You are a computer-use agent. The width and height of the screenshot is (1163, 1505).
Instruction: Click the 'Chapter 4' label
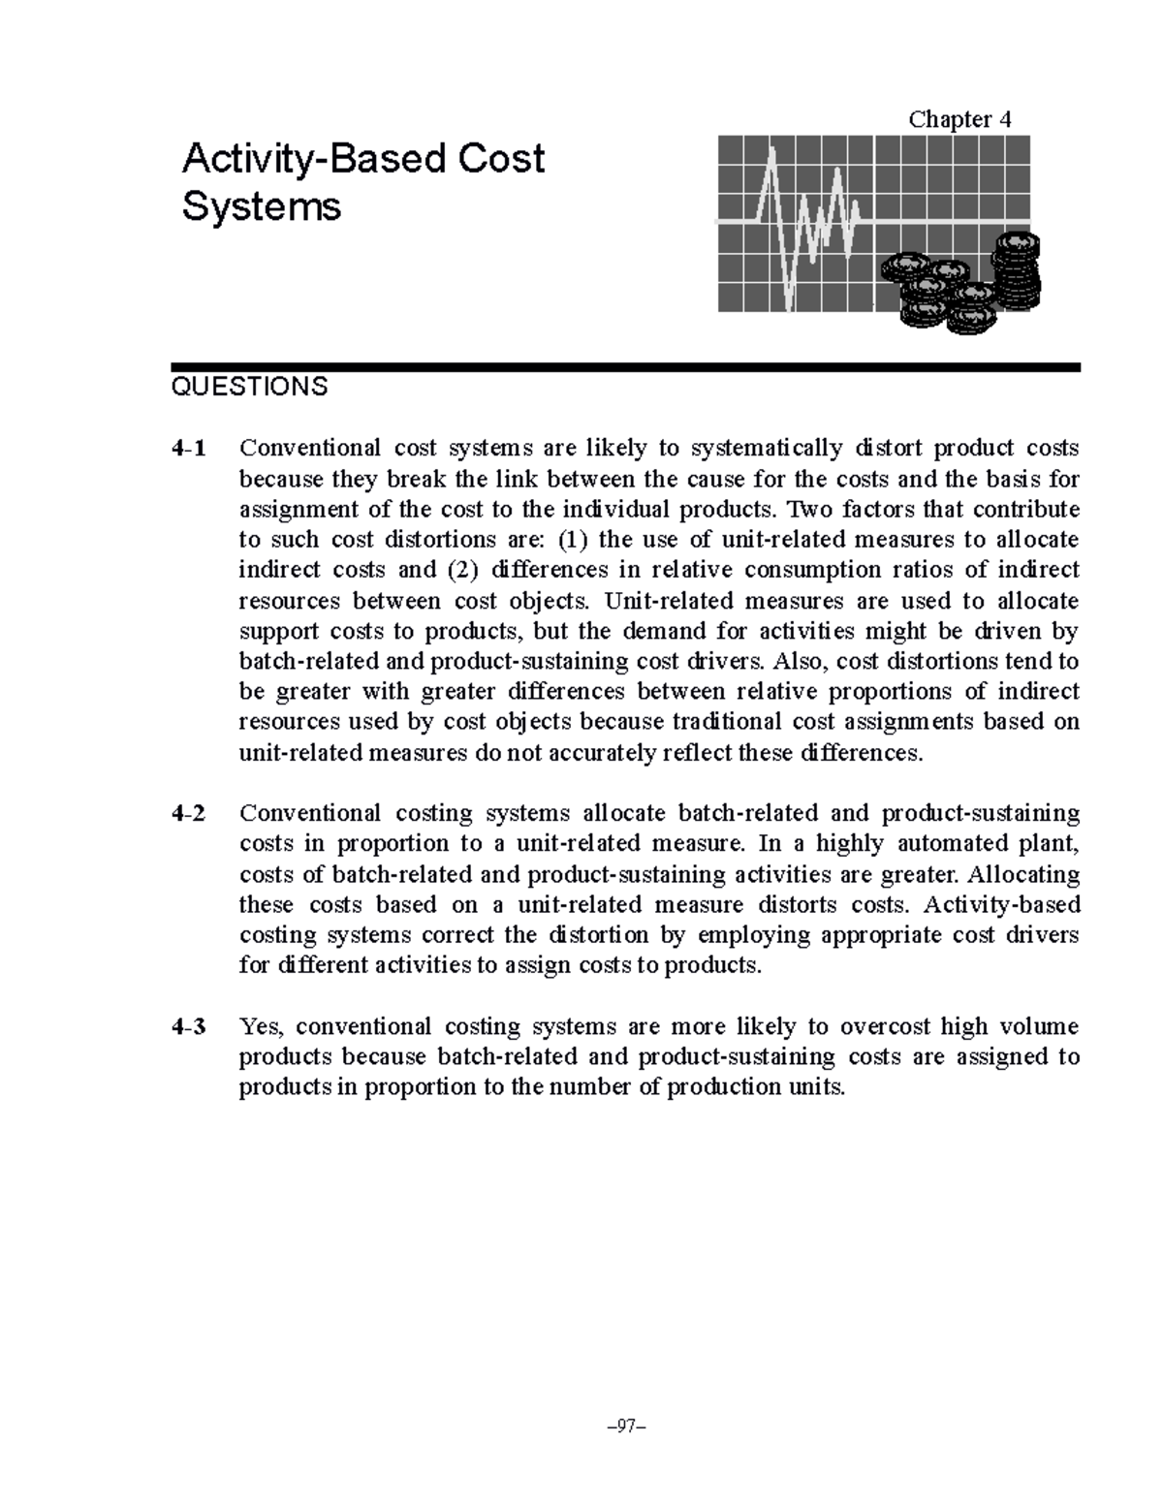tap(959, 119)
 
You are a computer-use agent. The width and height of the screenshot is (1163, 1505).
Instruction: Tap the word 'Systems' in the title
tap(262, 206)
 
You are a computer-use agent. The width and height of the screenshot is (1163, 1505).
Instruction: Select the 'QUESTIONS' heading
tap(249, 387)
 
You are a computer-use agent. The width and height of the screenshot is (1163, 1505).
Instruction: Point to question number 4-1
tap(188, 448)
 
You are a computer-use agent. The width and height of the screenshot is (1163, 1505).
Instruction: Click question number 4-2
tap(188, 813)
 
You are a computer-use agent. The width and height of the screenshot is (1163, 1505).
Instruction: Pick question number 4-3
tap(188, 1026)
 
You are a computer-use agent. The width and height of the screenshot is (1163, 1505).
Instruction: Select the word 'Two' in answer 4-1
tap(804, 509)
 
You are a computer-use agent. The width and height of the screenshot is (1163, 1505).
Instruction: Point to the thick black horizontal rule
tap(625, 367)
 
